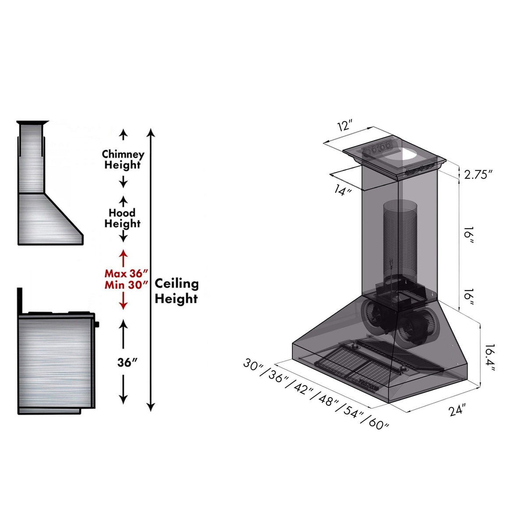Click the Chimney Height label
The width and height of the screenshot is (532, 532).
coord(123,160)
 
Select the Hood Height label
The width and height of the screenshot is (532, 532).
coord(122,218)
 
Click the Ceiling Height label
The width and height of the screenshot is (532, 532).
coord(176,291)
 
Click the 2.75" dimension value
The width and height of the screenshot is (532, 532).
coord(479,174)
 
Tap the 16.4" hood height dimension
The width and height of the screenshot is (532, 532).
coord(487,357)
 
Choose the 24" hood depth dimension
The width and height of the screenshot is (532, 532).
coord(457,411)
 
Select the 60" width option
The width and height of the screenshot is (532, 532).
coord(378,423)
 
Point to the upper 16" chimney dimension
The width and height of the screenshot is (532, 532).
coord(468,235)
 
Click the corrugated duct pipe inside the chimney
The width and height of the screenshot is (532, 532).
coord(400,237)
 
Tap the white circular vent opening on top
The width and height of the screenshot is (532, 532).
coord(409,155)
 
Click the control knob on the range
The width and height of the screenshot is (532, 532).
coord(96,325)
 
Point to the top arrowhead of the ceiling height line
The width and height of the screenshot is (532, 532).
coord(151,132)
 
